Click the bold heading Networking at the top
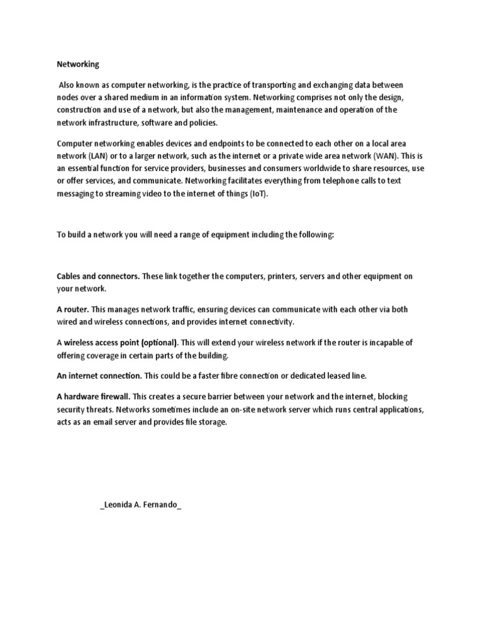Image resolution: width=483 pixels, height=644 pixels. tap(78, 64)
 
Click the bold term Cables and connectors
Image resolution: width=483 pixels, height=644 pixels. tap(98, 277)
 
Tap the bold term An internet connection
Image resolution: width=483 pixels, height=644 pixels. tap(99, 376)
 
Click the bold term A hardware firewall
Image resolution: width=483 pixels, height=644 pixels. tap(93, 396)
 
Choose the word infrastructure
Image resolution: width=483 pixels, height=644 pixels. tap(111, 123)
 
